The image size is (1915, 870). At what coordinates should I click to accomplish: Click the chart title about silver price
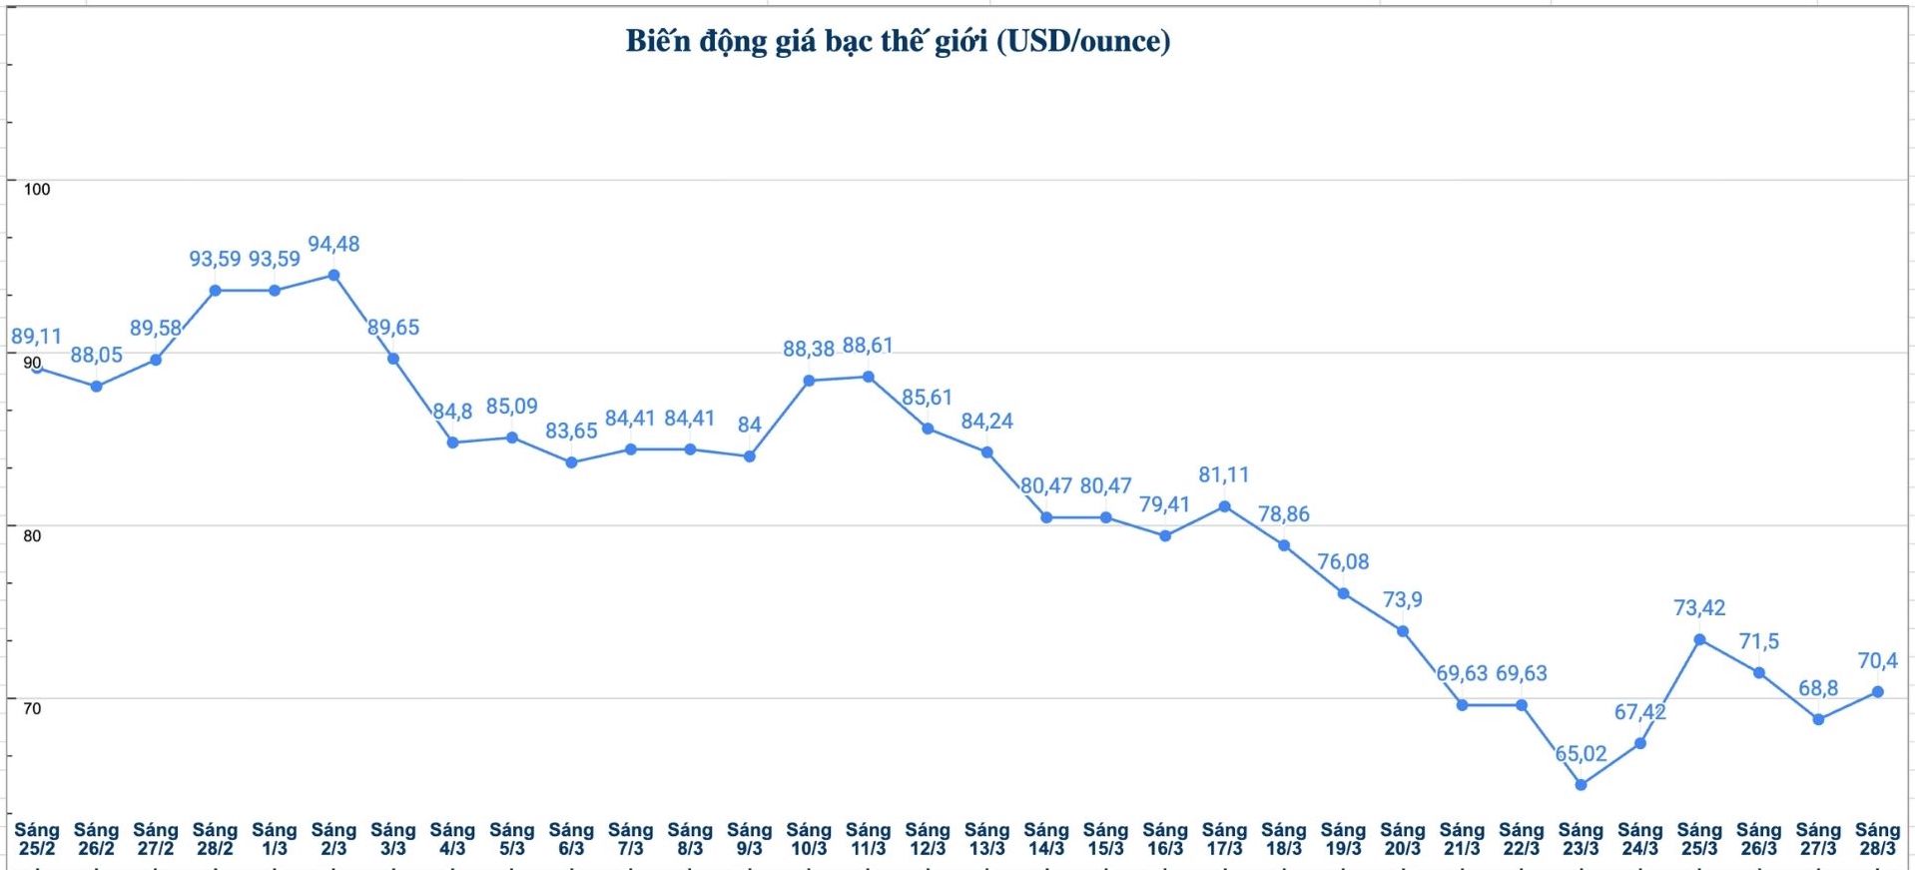pyautogui.click(x=898, y=41)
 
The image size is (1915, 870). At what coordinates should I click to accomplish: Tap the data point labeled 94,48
pyautogui.click(x=333, y=276)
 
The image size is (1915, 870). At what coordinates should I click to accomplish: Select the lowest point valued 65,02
pyautogui.click(x=1581, y=785)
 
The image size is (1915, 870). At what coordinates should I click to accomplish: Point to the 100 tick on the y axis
pyautogui.click(x=36, y=190)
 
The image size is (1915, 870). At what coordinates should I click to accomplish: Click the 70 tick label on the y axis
pyautogui.click(x=32, y=709)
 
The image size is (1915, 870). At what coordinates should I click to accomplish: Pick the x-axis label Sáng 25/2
pyautogui.click(x=37, y=839)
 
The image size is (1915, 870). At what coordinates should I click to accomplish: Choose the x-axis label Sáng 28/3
pyautogui.click(x=1877, y=839)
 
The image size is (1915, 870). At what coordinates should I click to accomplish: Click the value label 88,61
pyautogui.click(x=868, y=346)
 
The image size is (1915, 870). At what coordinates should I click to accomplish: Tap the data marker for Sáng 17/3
pyautogui.click(x=1225, y=506)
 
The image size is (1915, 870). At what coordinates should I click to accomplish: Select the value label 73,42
pyautogui.click(x=1699, y=608)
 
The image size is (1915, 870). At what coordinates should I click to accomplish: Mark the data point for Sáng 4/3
pyautogui.click(x=452, y=442)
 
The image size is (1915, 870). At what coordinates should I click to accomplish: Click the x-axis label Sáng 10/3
pyautogui.click(x=809, y=839)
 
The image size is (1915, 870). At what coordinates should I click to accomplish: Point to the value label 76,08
pyautogui.click(x=1343, y=562)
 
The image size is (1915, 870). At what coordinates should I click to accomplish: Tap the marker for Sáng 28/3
pyautogui.click(x=1877, y=692)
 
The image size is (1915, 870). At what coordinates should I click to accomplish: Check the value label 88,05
pyautogui.click(x=96, y=356)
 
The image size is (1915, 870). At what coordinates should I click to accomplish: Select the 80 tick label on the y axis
pyautogui.click(x=32, y=536)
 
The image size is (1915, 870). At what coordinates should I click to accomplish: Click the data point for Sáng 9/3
pyautogui.click(x=750, y=456)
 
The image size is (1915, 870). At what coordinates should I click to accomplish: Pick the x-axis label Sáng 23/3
pyautogui.click(x=1581, y=839)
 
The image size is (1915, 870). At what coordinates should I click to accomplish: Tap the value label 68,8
pyautogui.click(x=1818, y=688)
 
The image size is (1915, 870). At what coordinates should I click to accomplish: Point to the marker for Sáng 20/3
pyautogui.click(x=1403, y=631)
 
